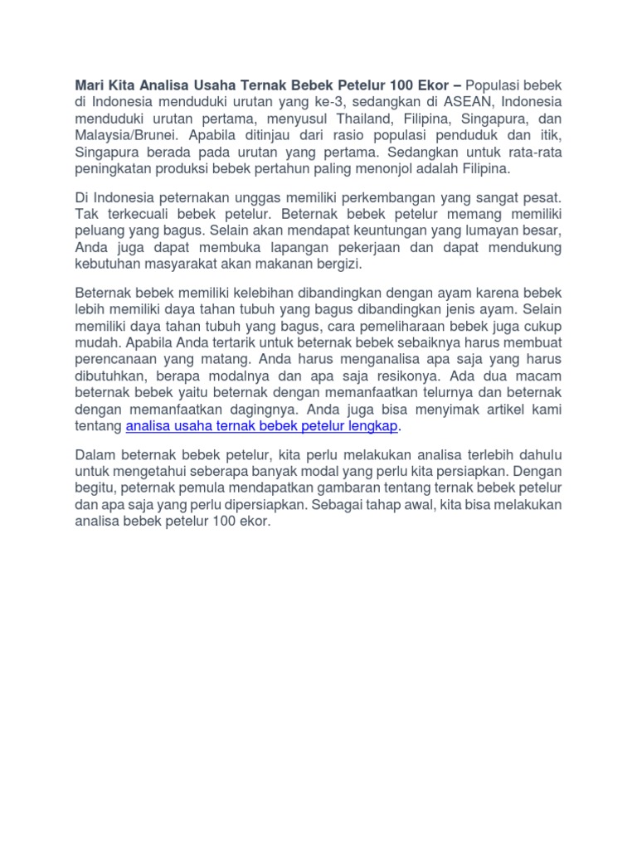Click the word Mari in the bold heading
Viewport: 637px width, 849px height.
90,85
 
